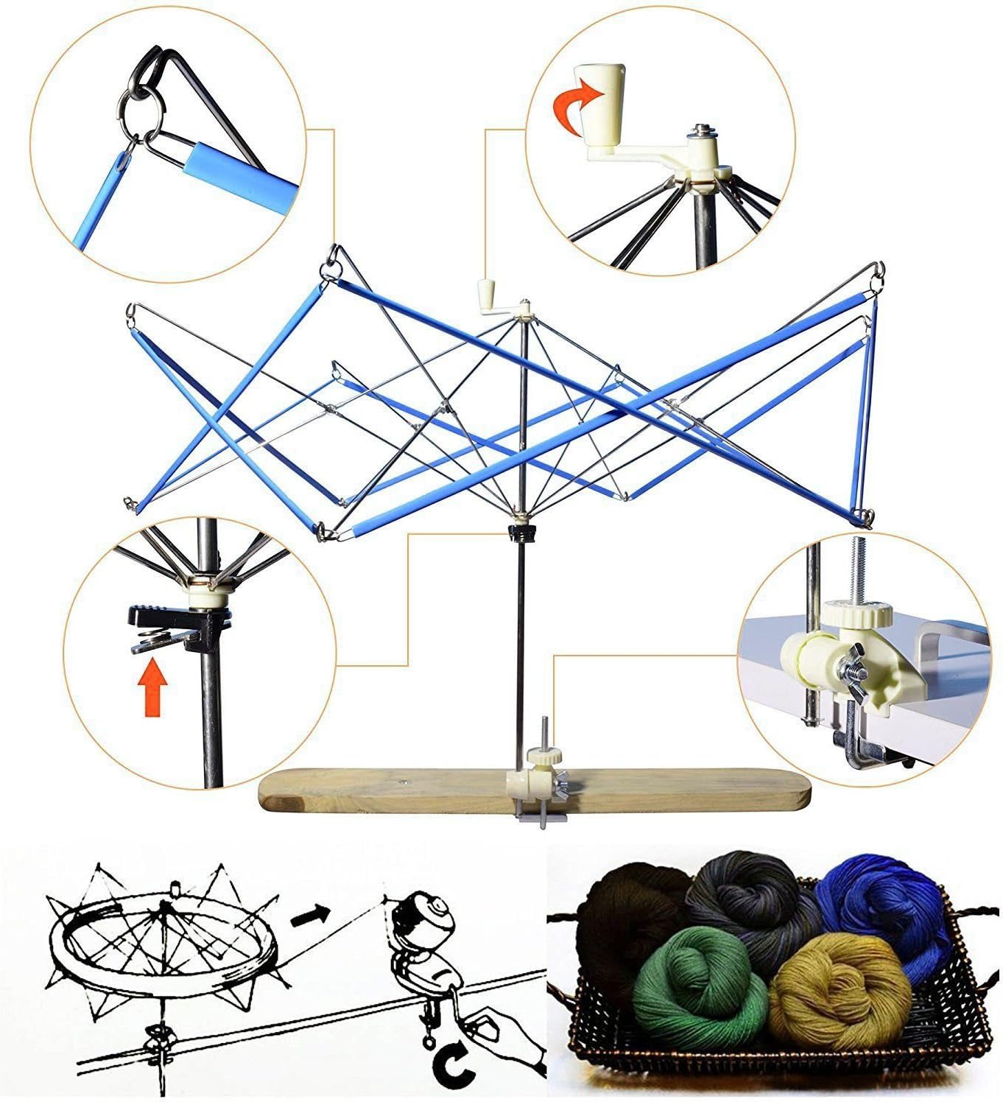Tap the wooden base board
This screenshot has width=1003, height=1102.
pyautogui.click(x=368, y=792)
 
